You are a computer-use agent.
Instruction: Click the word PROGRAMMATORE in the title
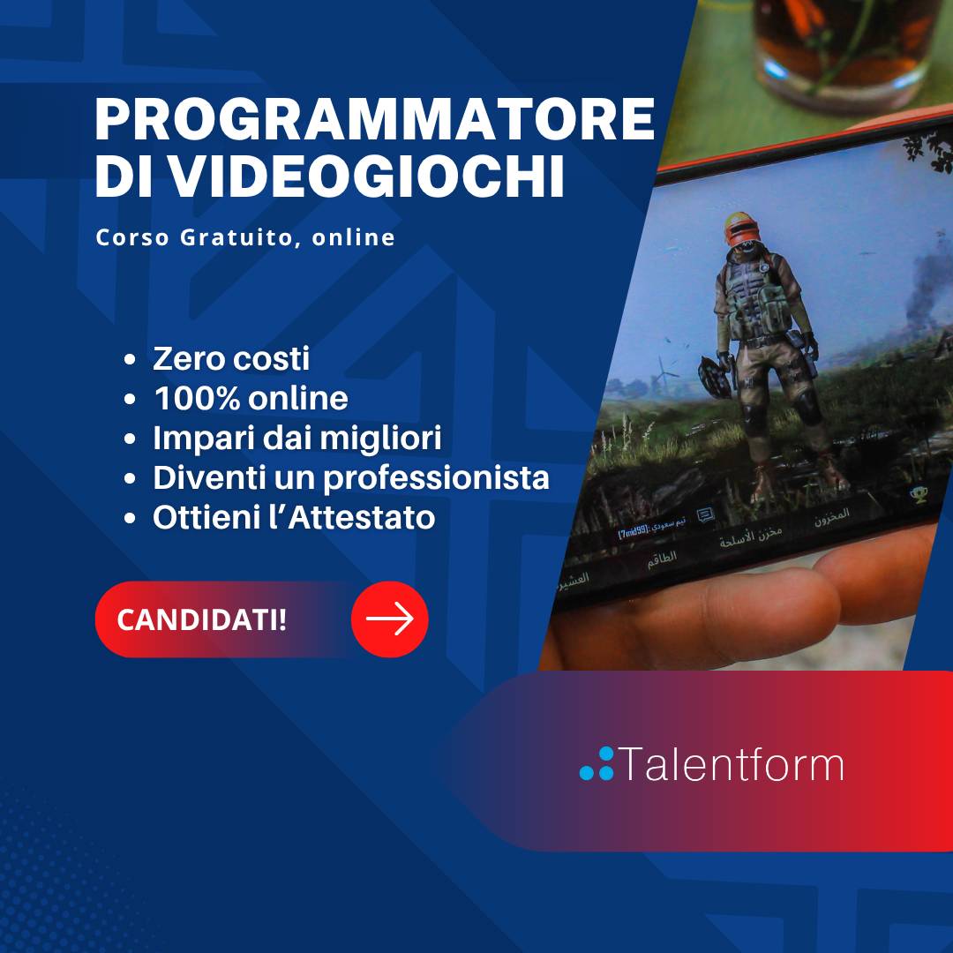(x=374, y=121)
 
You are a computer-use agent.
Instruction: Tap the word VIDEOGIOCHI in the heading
(x=366, y=177)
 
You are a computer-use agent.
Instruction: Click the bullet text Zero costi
(x=231, y=359)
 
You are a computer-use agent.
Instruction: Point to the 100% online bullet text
(x=251, y=399)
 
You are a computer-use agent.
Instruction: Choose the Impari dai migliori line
(x=296, y=439)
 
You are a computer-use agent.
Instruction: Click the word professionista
(x=436, y=478)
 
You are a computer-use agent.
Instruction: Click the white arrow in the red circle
(x=390, y=619)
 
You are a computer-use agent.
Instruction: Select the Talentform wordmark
(x=732, y=764)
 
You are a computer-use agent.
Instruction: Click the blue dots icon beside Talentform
(x=597, y=764)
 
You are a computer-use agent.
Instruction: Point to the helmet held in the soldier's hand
(x=716, y=376)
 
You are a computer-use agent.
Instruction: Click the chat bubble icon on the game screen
(x=705, y=516)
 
